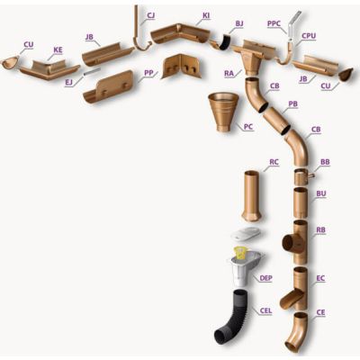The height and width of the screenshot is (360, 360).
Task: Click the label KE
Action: click(x=58, y=49)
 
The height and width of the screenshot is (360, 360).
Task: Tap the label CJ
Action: click(x=151, y=15)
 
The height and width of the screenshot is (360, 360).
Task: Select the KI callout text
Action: click(x=206, y=15)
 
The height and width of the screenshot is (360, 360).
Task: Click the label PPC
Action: click(x=274, y=23)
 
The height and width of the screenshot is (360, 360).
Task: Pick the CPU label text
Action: click(x=309, y=36)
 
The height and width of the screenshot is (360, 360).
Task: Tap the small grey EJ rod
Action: click(x=91, y=72)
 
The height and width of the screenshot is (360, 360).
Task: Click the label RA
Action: click(x=229, y=73)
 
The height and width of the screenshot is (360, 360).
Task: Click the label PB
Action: click(x=292, y=104)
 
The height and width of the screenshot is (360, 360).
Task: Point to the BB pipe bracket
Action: click(x=302, y=176)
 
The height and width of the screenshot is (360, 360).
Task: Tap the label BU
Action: click(x=321, y=193)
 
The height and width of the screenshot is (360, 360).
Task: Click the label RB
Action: click(x=320, y=230)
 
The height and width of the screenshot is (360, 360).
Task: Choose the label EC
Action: click(x=320, y=278)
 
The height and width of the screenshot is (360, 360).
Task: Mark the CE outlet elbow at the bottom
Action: click(x=297, y=331)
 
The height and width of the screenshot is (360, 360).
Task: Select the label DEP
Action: click(x=265, y=278)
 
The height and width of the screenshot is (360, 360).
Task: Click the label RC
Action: click(x=274, y=162)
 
